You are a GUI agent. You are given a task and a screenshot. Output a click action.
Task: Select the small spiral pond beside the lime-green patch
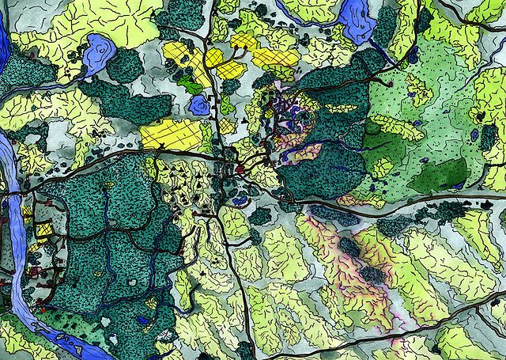click(x=198, y=104)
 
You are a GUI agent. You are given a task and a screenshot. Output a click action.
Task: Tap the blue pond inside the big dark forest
click(x=143, y=320)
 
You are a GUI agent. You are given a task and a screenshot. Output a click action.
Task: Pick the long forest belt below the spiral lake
click(x=130, y=103)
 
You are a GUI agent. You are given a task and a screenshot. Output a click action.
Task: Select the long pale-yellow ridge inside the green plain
click(x=395, y=127)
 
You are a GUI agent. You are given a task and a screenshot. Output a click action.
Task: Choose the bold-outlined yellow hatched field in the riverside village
click(x=43, y=230)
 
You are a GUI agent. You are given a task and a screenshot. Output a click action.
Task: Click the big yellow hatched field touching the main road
click(x=170, y=132)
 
